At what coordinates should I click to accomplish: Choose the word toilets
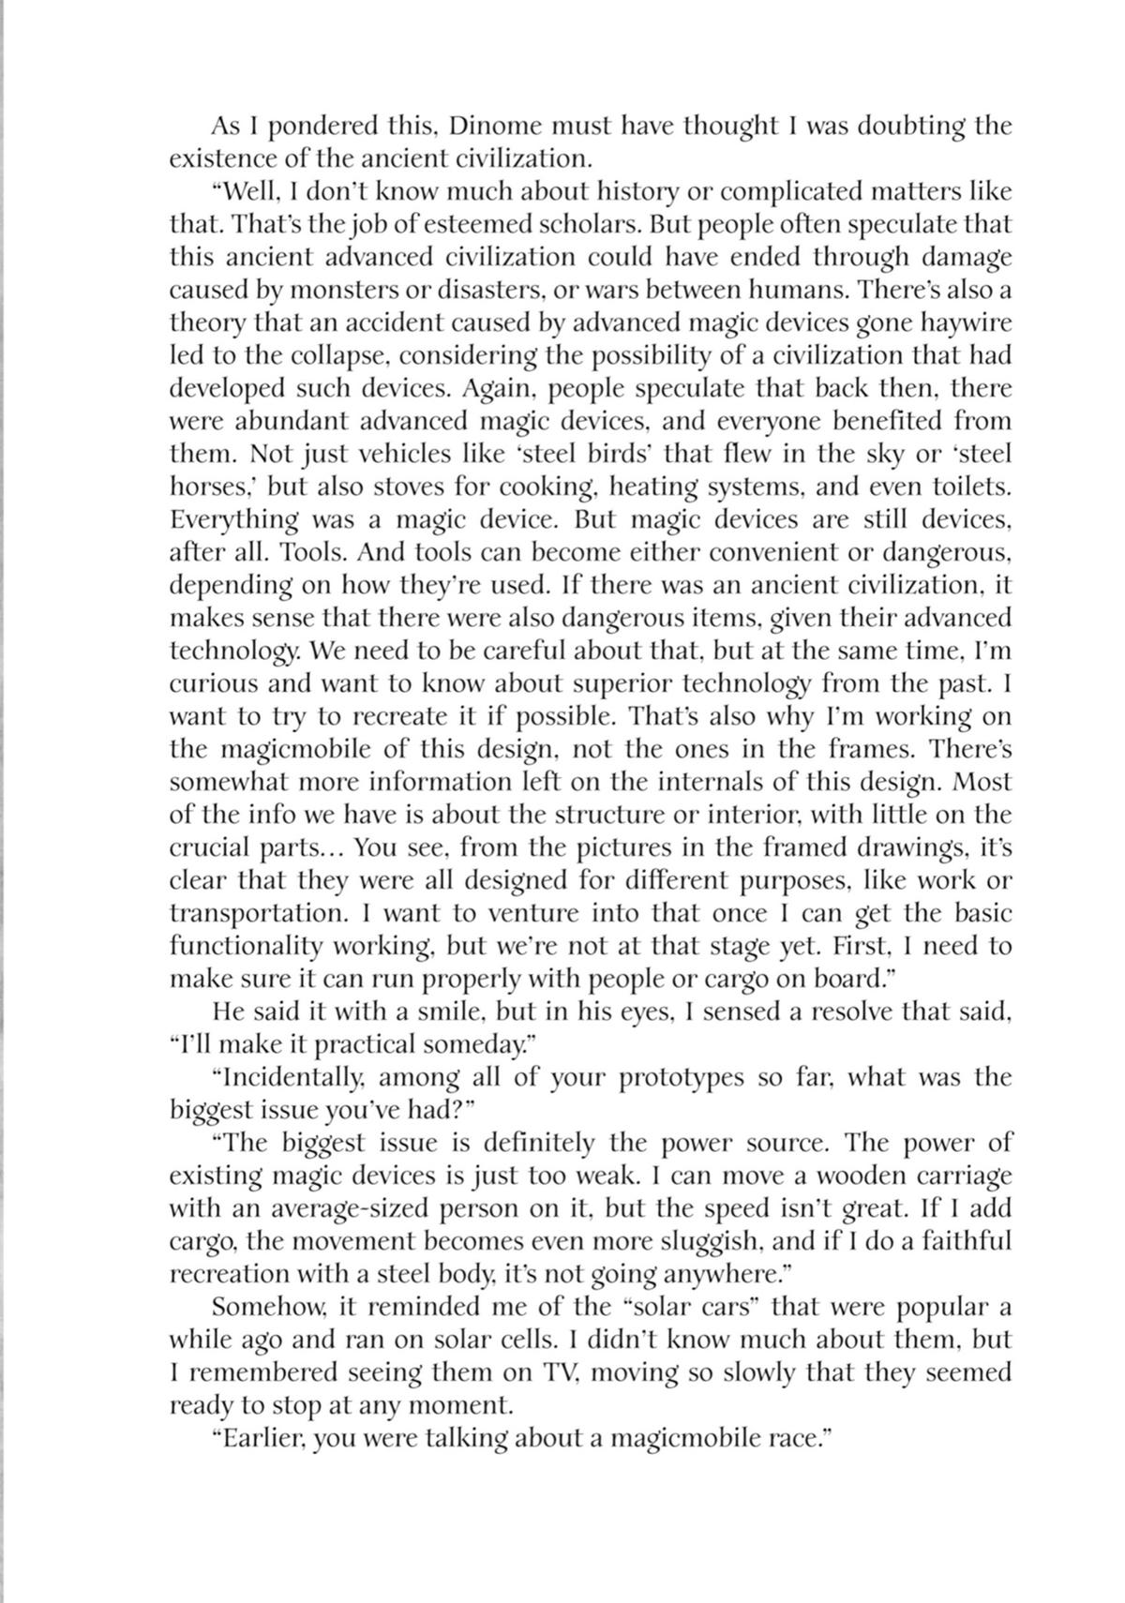coord(967,487)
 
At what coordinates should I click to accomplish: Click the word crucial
coord(215,848)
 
